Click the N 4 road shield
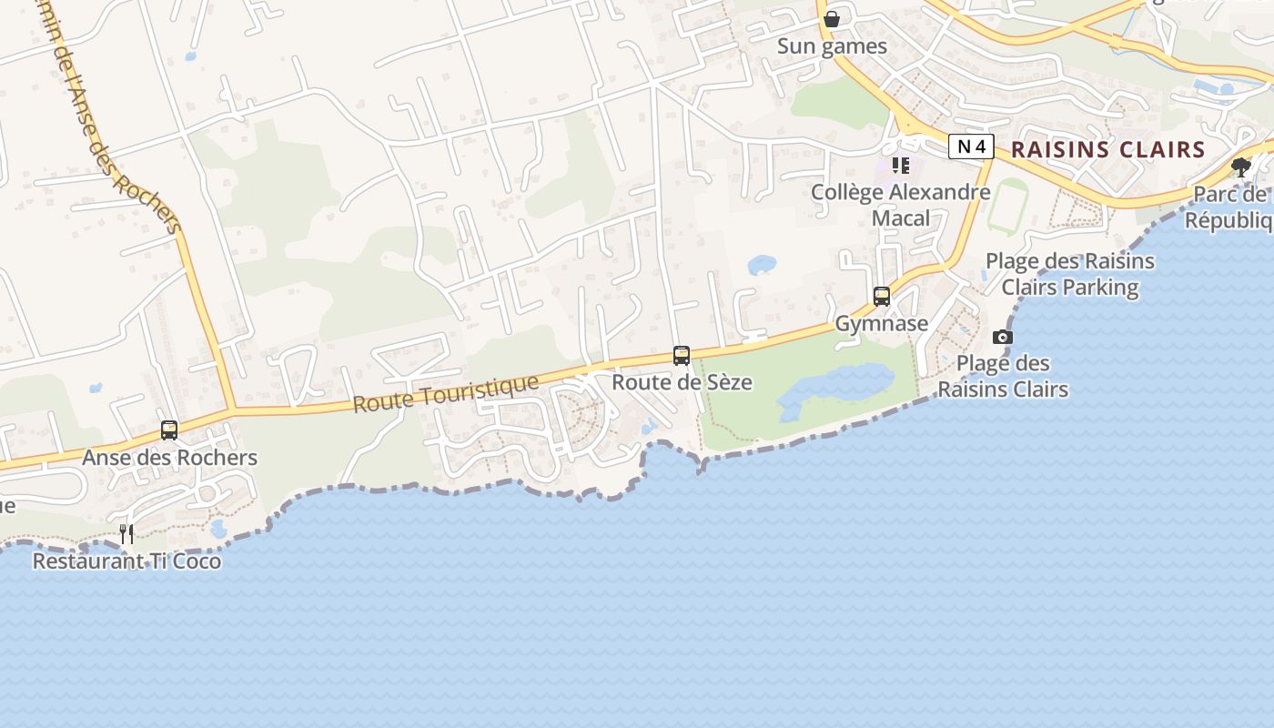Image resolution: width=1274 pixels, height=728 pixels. [970, 147]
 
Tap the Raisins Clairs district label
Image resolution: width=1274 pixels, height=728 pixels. [1107, 150]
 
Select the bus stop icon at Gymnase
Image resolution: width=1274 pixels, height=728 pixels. [881, 297]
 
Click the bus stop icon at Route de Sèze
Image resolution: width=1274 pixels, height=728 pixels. [682, 356]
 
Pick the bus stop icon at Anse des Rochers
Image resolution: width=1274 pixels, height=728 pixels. [169, 430]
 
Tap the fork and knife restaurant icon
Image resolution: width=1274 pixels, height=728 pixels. [126, 534]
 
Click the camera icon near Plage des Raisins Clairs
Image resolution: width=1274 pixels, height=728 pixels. [1003, 338]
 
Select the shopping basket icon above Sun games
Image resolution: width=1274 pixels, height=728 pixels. [832, 19]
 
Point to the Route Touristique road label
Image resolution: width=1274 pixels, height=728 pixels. [446, 393]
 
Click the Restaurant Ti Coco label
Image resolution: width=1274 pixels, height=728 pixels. [126, 561]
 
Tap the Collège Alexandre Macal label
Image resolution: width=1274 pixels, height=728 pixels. [900, 205]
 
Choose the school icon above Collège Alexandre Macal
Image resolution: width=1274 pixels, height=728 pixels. [900, 166]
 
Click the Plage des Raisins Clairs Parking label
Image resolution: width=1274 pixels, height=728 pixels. [1069, 274]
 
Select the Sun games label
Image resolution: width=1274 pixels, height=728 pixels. [832, 46]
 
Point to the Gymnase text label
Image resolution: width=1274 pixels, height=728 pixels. [881, 324]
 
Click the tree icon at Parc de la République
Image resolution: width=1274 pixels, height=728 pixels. [1240, 167]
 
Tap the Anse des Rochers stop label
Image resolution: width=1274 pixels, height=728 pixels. [169, 458]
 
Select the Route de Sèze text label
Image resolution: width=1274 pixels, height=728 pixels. [682, 382]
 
